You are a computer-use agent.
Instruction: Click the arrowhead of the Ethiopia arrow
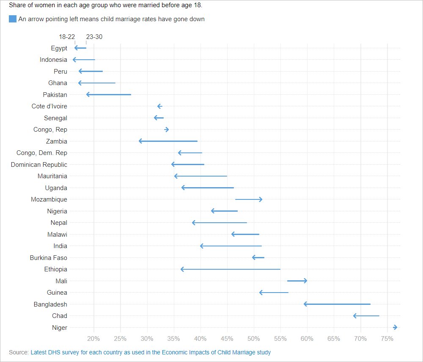[182, 269]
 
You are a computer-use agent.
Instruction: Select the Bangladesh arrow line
[337, 304]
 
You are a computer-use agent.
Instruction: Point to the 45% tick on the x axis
[227, 339]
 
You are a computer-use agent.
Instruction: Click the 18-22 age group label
[67, 37]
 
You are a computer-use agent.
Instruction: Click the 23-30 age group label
[94, 37]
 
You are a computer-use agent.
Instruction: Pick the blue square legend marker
[13, 19]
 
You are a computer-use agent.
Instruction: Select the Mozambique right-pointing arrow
[249, 199]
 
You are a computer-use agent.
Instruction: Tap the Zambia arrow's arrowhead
[140, 141]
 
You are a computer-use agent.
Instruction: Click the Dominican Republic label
[39, 164]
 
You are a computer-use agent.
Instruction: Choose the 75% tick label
[387, 339]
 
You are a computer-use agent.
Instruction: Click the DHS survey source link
[151, 352]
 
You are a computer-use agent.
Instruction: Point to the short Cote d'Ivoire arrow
[159, 106]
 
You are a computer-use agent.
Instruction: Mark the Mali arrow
[297, 281]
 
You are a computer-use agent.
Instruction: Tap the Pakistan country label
[55, 94]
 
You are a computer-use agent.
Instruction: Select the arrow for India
[231, 246]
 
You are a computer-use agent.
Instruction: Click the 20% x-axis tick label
[93, 339]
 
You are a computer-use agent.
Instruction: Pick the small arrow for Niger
[395, 327]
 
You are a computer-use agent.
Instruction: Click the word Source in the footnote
[18, 352]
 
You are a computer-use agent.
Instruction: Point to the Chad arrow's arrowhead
[355, 316]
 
